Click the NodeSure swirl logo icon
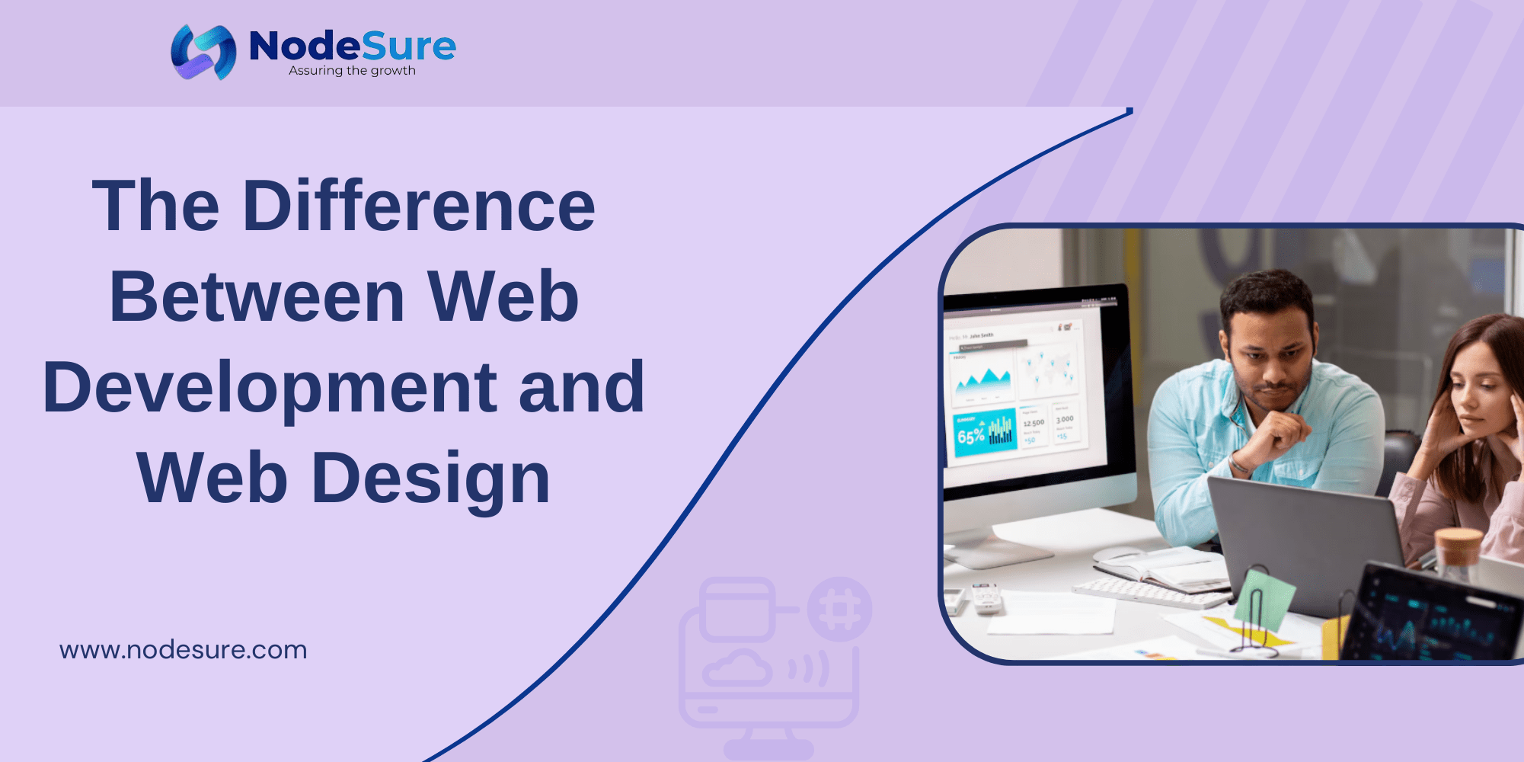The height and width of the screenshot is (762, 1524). pyautogui.click(x=203, y=52)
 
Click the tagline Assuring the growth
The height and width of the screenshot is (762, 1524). pyautogui.click(x=352, y=71)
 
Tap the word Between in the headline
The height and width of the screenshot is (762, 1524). pyautogui.click(x=257, y=297)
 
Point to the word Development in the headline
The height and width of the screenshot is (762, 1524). pyautogui.click(x=270, y=388)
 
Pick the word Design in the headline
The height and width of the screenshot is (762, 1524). pyautogui.click(x=430, y=479)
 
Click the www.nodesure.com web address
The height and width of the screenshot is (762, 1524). pyautogui.click(x=184, y=650)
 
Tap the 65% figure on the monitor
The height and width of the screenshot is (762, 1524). pyautogui.click(x=971, y=437)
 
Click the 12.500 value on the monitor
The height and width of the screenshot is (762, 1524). pyautogui.click(x=1034, y=424)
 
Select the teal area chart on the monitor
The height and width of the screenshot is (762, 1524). pyautogui.click(x=982, y=378)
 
